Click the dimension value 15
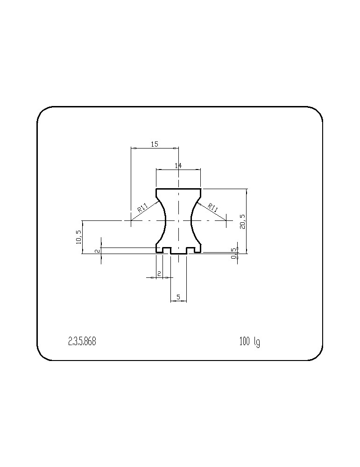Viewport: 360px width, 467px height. tap(155, 144)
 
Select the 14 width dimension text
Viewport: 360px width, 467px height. tap(178, 166)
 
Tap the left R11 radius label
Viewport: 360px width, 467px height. tap(142, 207)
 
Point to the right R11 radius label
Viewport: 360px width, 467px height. tap(212, 207)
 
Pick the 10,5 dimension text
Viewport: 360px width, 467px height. tap(79, 237)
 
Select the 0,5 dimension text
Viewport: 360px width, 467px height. tap(234, 253)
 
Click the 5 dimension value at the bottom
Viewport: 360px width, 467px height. tap(178, 297)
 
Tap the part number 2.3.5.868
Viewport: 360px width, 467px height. tap(82, 341)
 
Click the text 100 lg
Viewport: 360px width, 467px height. tap(249, 342)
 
